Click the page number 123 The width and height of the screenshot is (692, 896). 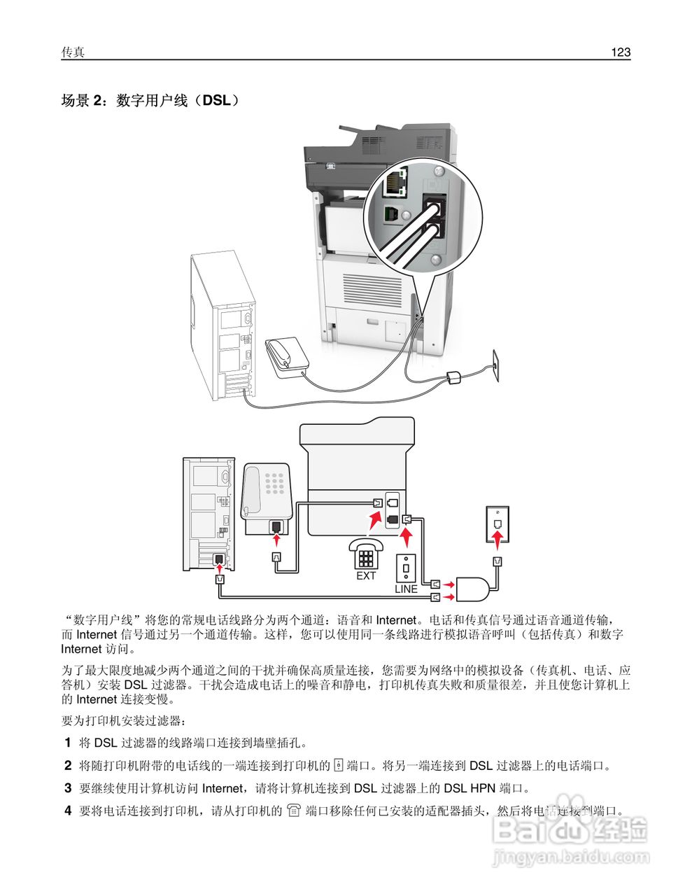tap(620, 52)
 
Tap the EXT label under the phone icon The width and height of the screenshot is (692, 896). tap(366, 575)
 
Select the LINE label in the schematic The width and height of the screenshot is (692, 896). tap(406, 589)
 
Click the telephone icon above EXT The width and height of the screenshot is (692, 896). tap(366, 554)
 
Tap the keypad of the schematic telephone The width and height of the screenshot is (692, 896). tap(276, 482)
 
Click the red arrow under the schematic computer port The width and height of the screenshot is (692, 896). tap(220, 570)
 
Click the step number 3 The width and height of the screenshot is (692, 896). tap(68, 788)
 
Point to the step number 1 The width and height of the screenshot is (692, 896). tap(68, 742)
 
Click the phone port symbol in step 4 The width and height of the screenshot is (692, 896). tap(294, 811)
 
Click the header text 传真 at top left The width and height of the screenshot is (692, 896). tap(73, 52)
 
